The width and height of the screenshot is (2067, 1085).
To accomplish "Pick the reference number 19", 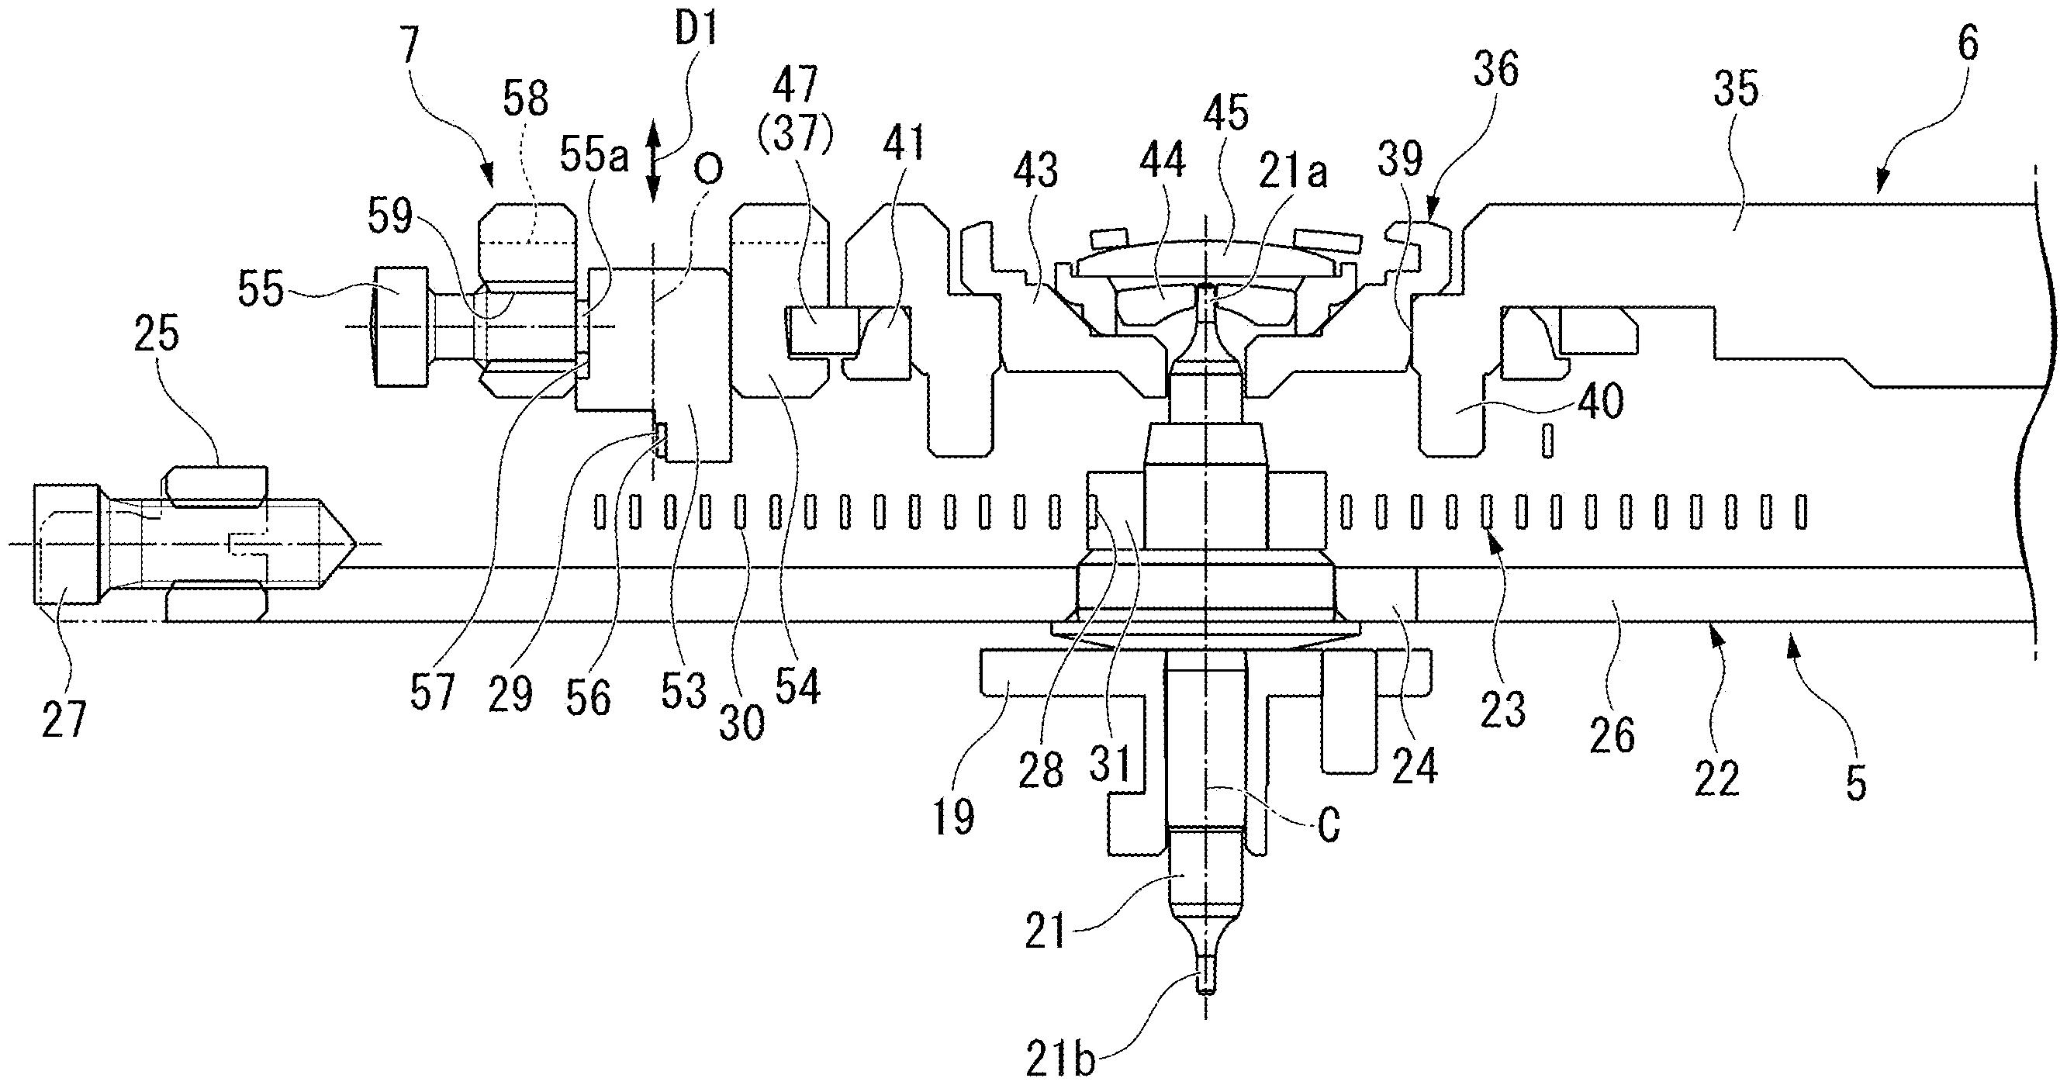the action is (953, 816).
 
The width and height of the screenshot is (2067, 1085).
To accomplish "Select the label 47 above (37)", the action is (794, 86).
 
